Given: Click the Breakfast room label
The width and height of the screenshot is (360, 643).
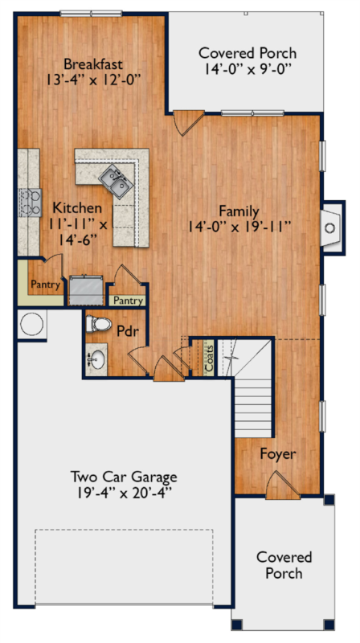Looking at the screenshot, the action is [93, 64].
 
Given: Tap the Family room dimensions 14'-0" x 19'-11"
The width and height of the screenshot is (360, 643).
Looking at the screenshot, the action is [239, 227].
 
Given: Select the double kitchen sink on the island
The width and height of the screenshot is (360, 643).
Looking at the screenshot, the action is [116, 181].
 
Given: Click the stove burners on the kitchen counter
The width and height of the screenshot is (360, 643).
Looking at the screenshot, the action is [31, 203].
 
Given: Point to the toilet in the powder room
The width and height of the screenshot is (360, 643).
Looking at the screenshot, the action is [98, 324].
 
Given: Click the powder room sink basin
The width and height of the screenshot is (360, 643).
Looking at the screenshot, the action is [96, 359].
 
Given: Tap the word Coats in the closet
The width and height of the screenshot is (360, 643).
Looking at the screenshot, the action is [209, 358].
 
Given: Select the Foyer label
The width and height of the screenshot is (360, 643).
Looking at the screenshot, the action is [278, 454].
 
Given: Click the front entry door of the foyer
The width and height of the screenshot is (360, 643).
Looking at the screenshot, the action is [283, 485].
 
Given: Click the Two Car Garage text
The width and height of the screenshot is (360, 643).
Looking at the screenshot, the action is [124, 477].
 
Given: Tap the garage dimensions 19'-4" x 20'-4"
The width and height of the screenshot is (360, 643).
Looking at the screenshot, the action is [124, 493].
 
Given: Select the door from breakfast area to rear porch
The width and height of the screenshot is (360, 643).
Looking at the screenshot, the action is [187, 122].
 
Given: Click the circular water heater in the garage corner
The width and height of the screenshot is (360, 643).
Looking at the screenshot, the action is [32, 324].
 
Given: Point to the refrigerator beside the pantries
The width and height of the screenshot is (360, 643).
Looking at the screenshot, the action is [86, 290].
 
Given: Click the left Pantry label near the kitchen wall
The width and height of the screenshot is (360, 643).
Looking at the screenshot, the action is [46, 285].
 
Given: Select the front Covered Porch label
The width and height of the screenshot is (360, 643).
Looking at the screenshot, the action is [284, 565].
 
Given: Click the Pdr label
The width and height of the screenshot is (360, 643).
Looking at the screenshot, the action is [127, 331].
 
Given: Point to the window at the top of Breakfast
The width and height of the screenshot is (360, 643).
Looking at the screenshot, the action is [91, 14].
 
